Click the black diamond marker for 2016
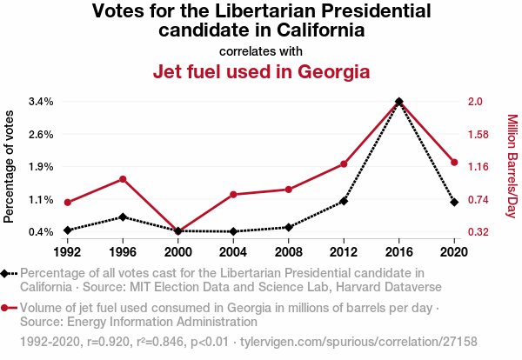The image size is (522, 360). point(399,102)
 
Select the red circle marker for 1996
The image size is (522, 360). point(123,179)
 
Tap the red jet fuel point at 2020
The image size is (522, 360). point(454,163)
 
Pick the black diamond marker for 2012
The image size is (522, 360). point(344,201)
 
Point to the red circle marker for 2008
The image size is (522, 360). point(289,190)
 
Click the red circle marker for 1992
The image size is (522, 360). point(68,203)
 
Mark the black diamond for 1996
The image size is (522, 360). point(123,217)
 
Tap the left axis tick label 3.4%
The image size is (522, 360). point(41,102)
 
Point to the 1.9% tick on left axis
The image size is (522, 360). point(41,167)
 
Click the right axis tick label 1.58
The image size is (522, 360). point(479,135)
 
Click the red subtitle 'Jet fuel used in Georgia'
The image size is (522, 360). point(261,71)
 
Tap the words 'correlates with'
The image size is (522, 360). point(261,50)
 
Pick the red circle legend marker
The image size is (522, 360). point(6,308)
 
